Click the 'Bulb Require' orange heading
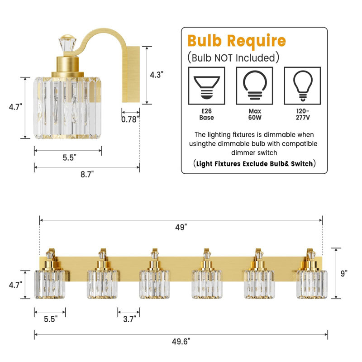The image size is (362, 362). pyautogui.click(x=237, y=41)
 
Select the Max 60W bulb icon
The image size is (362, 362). pyautogui.click(x=254, y=86)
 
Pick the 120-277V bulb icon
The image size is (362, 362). pyautogui.click(x=302, y=86)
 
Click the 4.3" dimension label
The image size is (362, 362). pyautogui.click(x=156, y=75)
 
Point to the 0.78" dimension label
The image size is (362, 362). pyautogui.click(x=130, y=119)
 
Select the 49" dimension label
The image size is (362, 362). pyautogui.click(x=181, y=228)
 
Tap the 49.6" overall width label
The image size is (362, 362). pyautogui.click(x=181, y=340)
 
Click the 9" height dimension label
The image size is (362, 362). pyautogui.click(x=344, y=273)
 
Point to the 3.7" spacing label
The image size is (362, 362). pyautogui.click(x=129, y=319)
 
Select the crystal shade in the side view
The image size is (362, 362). pyautogui.click(x=67, y=108)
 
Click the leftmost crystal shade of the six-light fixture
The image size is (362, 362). pyautogui.click(x=50, y=284)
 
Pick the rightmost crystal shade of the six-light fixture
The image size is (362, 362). pyautogui.click(x=312, y=284)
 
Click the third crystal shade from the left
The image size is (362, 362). pyautogui.click(x=155, y=284)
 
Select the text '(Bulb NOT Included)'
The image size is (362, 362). pyautogui.click(x=232, y=57)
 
